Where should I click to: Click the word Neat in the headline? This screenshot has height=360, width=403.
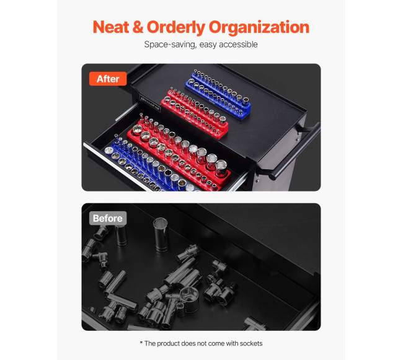[110, 27]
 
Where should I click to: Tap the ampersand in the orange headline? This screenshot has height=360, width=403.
[138, 27]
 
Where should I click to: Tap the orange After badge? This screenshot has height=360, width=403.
[108, 79]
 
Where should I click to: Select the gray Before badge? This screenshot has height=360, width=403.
[108, 218]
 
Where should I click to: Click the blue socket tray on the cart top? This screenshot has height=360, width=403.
[218, 95]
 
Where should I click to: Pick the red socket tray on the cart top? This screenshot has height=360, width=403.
[194, 113]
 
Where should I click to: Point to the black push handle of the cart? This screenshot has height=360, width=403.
[296, 150]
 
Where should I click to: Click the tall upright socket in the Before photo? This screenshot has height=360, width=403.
[161, 234]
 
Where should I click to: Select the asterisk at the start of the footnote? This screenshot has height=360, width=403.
[141, 343]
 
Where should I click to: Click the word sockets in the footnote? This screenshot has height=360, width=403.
[251, 343]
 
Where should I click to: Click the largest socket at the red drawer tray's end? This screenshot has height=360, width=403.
[221, 168]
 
